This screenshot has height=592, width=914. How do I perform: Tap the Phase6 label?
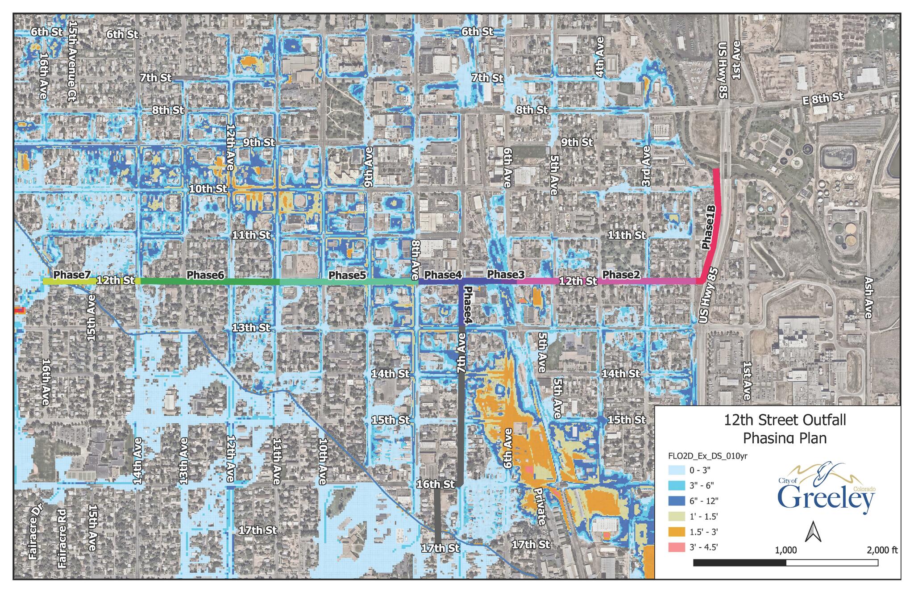pyautogui.click(x=205, y=275)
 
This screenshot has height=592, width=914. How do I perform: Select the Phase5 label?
pyautogui.click(x=347, y=275)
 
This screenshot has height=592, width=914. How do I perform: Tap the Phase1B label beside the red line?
pyautogui.click(x=709, y=227)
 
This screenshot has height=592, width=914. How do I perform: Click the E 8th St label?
pyautogui.click(x=823, y=98)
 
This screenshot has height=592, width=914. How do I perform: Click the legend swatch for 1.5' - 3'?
pyautogui.click(x=677, y=532)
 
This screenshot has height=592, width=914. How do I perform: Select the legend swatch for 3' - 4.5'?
pyautogui.click(x=677, y=547)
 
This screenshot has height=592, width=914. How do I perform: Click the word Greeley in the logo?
pyautogui.click(x=826, y=499)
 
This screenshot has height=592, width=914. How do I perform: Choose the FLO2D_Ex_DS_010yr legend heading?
pyautogui.click(x=707, y=456)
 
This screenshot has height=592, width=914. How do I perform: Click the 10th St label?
pyautogui.click(x=208, y=189)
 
